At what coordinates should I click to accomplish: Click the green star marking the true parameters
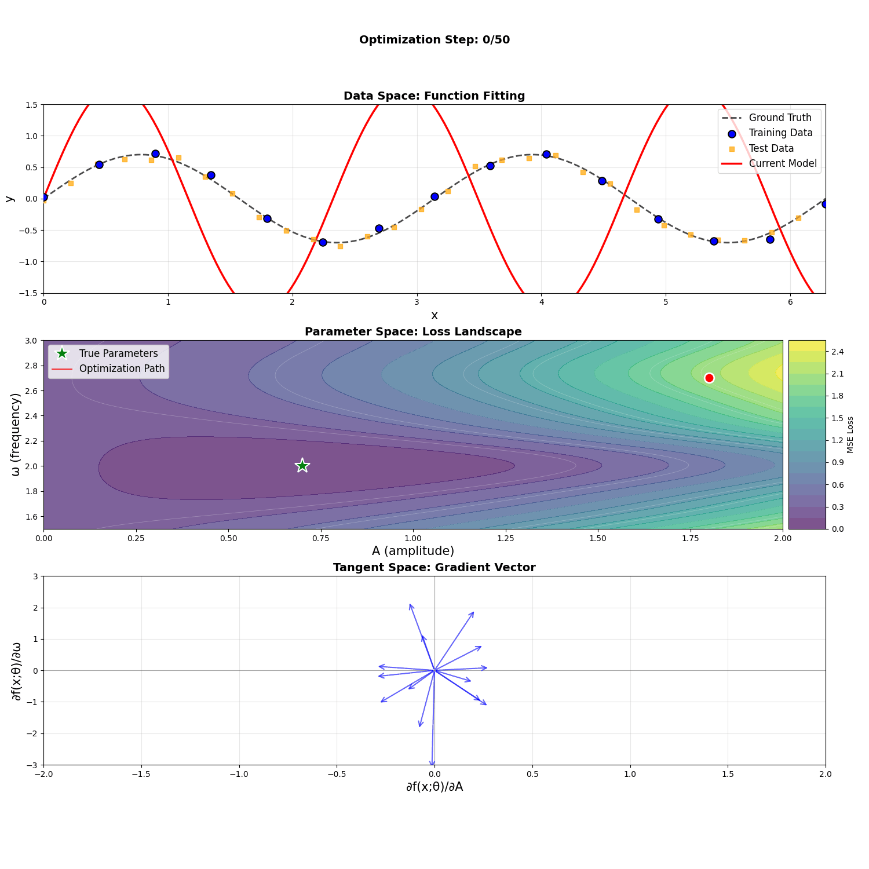[x=302, y=466]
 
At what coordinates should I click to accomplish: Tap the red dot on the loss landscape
[x=709, y=378]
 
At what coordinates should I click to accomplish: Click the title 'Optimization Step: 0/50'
[x=434, y=40]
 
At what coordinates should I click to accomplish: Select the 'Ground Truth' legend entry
[x=780, y=118]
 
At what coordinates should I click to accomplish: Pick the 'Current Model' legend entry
[x=783, y=163]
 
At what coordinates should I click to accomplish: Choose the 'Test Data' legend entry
[x=771, y=148]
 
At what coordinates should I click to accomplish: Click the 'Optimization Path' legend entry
[x=122, y=368]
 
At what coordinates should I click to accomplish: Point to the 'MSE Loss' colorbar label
[x=850, y=434]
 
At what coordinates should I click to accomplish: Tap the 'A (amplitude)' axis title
[x=413, y=551]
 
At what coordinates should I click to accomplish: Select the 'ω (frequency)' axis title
[x=16, y=434]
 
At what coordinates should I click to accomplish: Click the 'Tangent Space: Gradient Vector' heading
[x=434, y=568]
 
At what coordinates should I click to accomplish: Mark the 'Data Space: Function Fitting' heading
[x=434, y=96]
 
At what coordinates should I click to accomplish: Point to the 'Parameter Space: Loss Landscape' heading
[x=413, y=332]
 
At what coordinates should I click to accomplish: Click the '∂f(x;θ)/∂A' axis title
[x=434, y=787]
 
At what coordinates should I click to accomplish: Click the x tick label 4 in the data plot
[x=541, y=302]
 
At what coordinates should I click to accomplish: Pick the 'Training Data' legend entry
[x=780, y=133]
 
